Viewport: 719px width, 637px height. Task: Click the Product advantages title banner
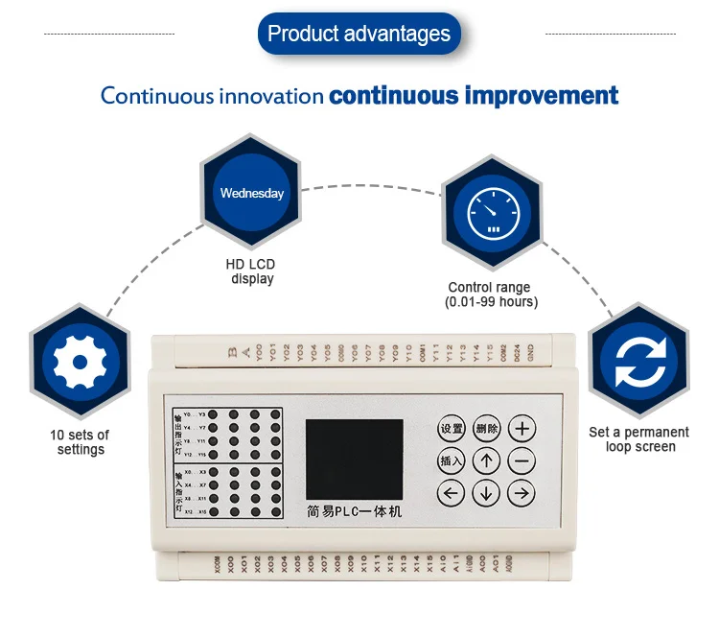click(359, 35)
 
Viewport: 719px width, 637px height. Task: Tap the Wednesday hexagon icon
click(252, 193)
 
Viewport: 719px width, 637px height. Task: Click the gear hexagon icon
click(79, 362)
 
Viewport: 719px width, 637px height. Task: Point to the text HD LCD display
click(252, 271)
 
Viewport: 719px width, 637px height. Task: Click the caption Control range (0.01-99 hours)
click(490, 295)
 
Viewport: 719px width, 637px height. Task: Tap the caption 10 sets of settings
click(81, 442)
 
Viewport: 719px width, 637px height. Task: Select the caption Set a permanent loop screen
click(638, 439)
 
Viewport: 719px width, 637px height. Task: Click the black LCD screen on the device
click(354, 459)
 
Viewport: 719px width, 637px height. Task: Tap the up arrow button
click(487, 460)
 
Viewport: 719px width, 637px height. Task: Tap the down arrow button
click(487, 494)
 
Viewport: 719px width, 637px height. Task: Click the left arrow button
click(452, 494)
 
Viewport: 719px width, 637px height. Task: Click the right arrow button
click(522, 494)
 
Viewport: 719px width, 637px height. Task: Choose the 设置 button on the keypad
click(452, 429)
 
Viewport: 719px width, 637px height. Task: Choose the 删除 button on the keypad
click(487, 429)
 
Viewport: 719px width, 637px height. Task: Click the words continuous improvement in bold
click(474, 96)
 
